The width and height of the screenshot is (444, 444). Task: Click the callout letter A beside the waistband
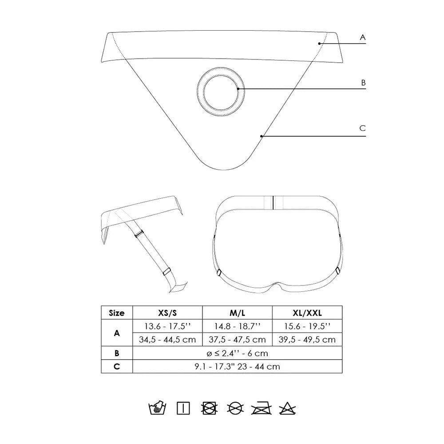click(x=363, y=37)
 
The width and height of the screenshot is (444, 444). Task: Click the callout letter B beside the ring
click(x=363, y=83)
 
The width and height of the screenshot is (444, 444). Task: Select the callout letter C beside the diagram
click(x=362, y=128)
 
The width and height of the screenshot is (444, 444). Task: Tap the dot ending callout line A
click(x=319, y=44)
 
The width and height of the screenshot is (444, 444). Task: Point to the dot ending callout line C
click(x=262, y=136)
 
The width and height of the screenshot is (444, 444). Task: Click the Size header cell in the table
click(x=117, y=313)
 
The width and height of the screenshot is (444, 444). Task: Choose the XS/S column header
click(x=167, y=313)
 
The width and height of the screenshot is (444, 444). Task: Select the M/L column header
click(x=237, y=313)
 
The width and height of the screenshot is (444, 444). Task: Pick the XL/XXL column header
click(x=307, y=313)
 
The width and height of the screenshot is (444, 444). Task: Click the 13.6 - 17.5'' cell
click(x=167, y=326)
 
